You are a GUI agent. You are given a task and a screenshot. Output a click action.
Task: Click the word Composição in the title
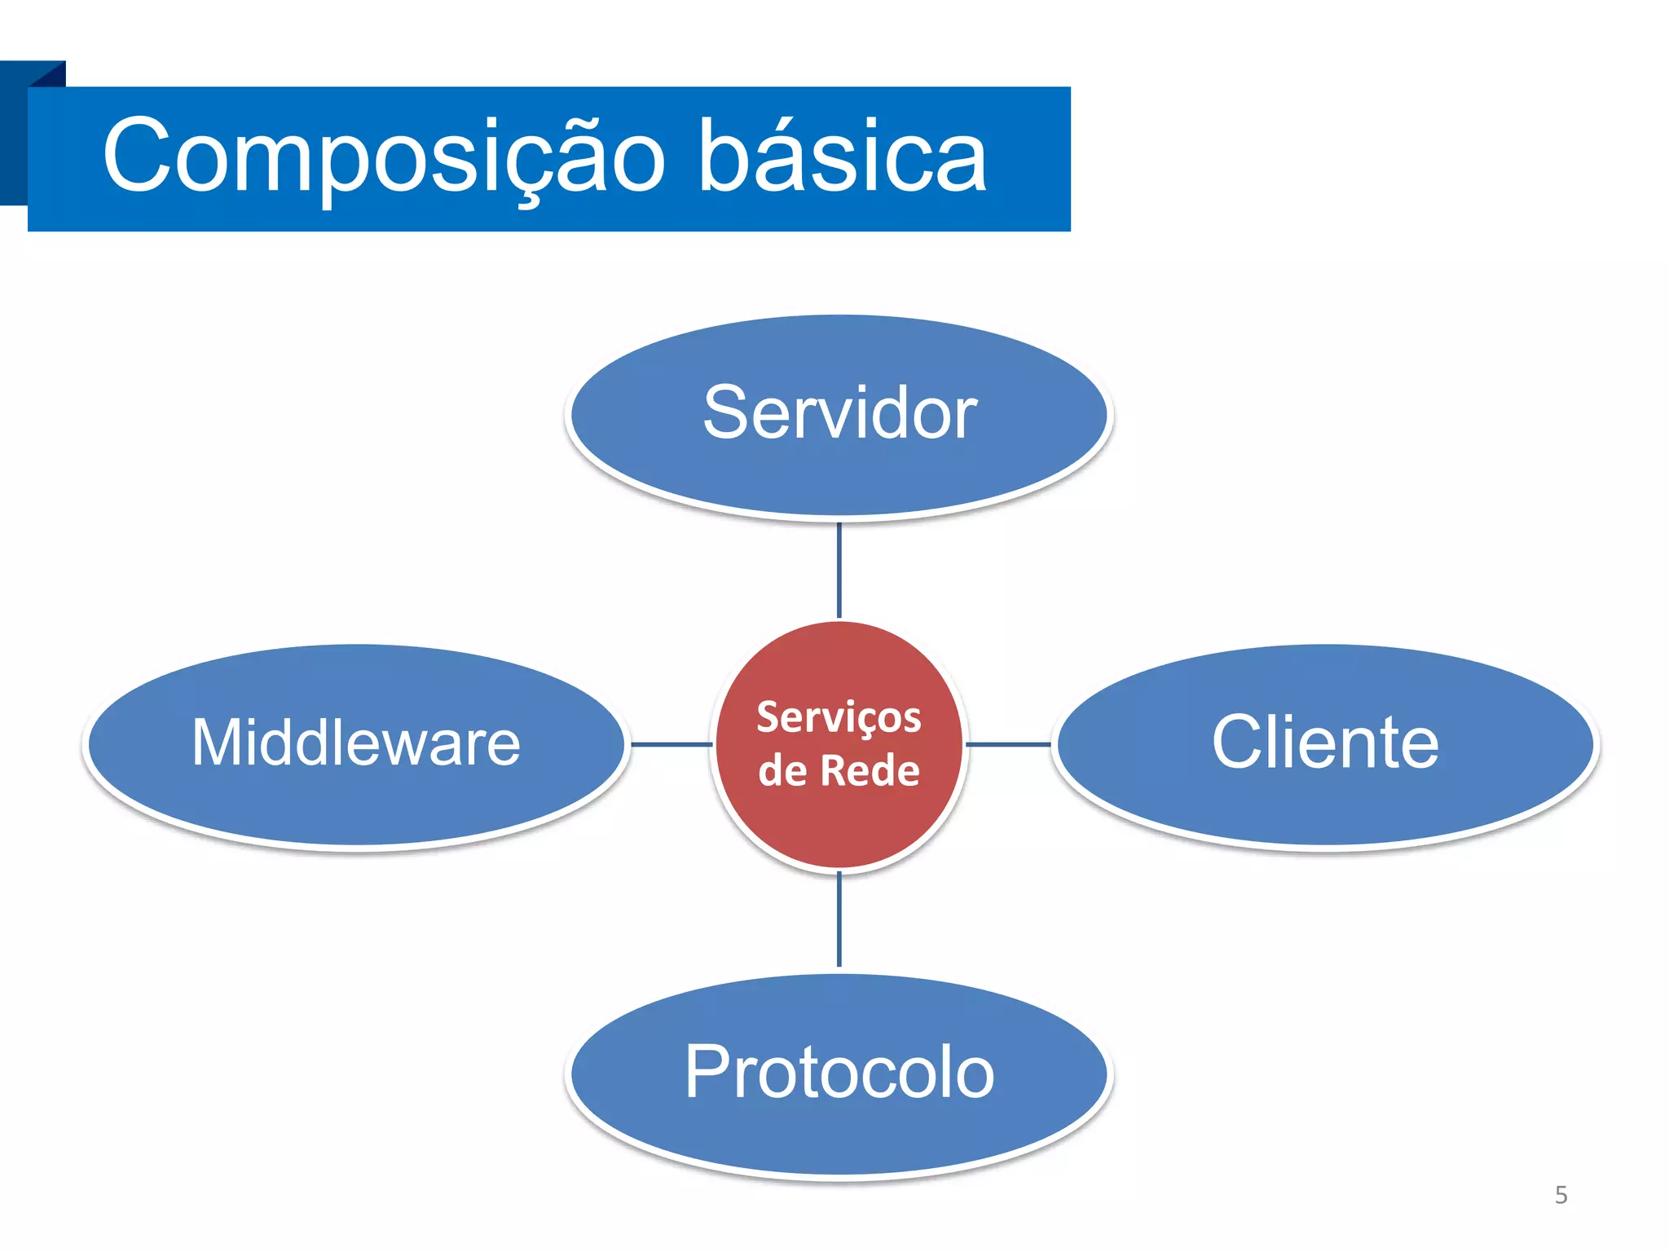(383, 156)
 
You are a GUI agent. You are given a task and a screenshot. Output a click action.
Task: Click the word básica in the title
(843, 156)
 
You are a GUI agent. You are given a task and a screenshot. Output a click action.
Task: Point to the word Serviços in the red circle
(839, 717)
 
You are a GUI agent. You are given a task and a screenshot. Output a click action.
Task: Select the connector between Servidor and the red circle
(839, 571)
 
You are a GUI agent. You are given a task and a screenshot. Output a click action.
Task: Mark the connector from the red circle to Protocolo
(839, 919)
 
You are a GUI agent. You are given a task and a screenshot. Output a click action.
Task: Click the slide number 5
(1561, 1195)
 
